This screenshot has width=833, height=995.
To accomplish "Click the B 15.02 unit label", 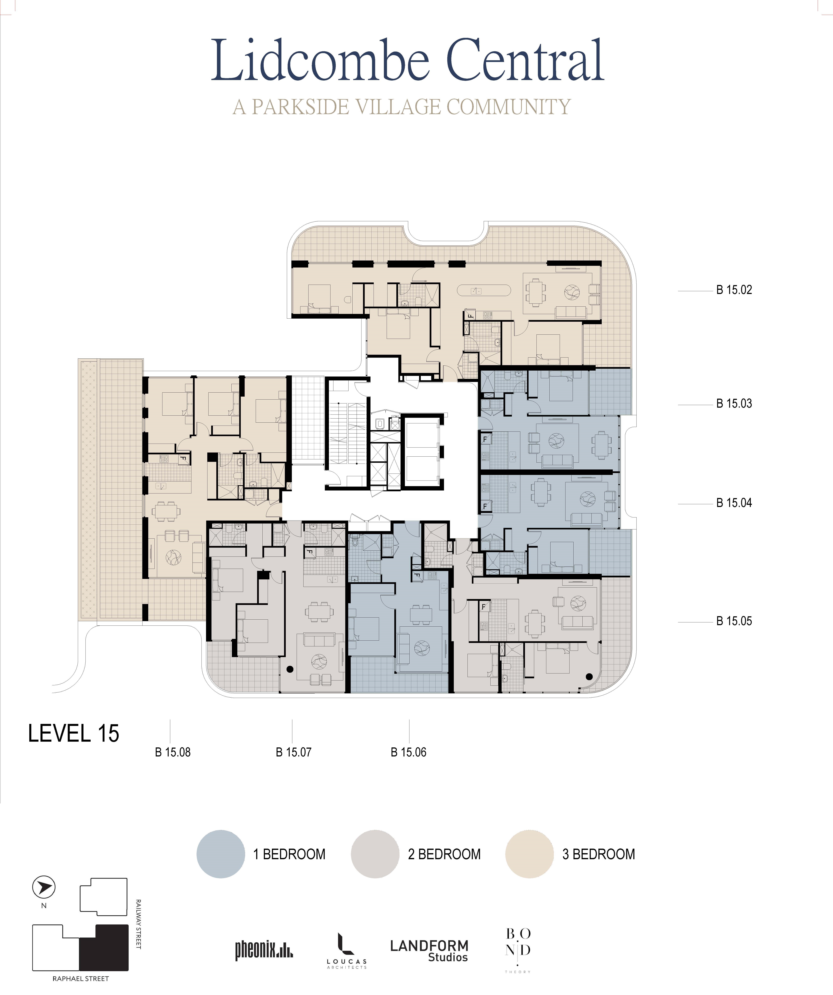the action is [x=734, y=290].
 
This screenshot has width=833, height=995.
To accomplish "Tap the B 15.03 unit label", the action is [x=734, y=404].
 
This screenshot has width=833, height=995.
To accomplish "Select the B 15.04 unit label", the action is [x=734, y=503].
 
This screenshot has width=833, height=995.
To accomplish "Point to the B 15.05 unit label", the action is [x=734, y=621].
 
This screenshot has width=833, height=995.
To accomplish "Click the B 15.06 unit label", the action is [x=408, y=752].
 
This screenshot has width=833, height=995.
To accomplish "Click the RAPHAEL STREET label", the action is [x=81, y=978].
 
